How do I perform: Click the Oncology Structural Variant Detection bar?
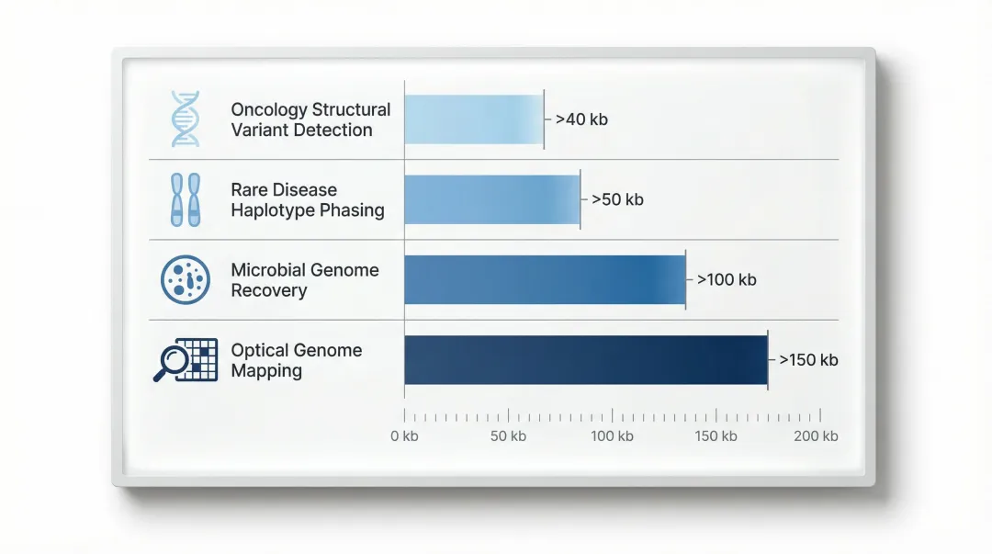pos(473,119)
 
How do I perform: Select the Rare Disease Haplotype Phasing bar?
pos(491,199)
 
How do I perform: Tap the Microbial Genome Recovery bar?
pos(544,279)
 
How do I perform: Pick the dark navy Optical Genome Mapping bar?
pos(585,359)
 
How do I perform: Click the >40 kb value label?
pos(581,119)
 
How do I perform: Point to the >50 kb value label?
pos(617,199)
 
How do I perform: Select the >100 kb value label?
pos(727,279)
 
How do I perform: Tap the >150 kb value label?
pos(808,360)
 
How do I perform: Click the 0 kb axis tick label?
pos(404,436)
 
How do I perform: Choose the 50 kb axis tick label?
pos(508,436)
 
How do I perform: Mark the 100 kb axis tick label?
pos(612,436)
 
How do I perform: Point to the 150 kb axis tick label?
pos(716,436)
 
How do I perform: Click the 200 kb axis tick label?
pos(817,436)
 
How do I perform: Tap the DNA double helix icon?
pos(185,119)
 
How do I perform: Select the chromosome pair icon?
pos(185,199)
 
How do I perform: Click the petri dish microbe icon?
pos(185,279)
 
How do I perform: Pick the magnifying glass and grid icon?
pos(185,360)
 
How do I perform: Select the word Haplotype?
pos(272,210)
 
